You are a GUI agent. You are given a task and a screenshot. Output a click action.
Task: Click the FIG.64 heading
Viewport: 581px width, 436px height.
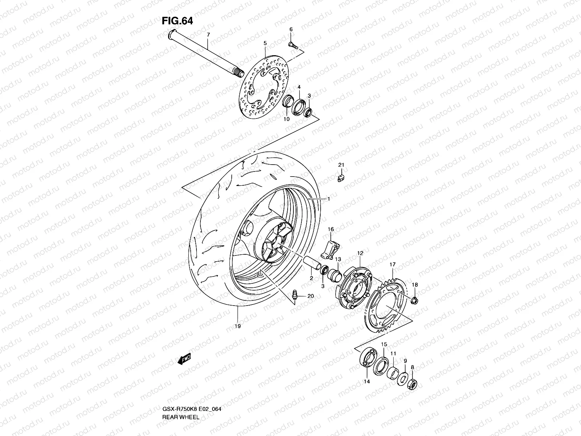(x=177, y=21)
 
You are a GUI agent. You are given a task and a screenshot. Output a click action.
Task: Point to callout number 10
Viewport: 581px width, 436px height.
(x=287, y=119)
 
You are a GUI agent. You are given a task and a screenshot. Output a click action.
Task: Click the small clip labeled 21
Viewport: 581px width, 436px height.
(x=341, y=178)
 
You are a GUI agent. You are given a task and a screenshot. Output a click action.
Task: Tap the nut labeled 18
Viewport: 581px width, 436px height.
(x=415, y=300)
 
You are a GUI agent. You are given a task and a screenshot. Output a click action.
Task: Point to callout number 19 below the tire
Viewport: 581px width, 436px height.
(x=237, y=326)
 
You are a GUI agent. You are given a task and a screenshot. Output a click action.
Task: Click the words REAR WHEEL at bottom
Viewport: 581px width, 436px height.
(x=180, y=397)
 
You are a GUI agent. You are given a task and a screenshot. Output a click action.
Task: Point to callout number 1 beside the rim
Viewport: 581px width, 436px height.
(x=328, y=199)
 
